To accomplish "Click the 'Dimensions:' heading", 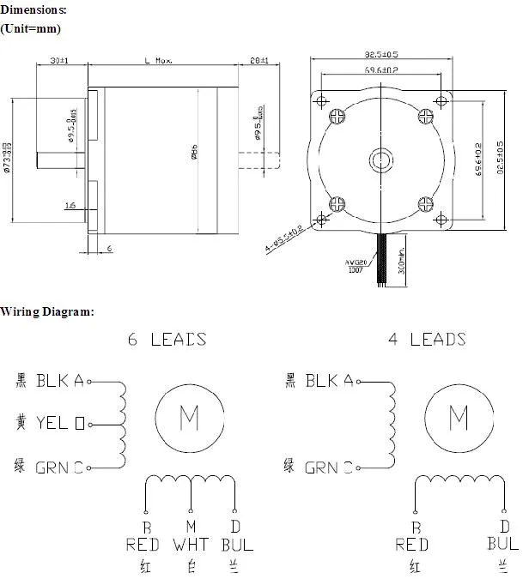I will tap(33, 9).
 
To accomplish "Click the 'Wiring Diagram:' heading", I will tap(47, 311).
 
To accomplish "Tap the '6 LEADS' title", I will tap(167, 339).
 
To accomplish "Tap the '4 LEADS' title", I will tap(427, 339).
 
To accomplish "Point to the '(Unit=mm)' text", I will tap(31, 29).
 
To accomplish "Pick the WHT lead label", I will tap(190, 545).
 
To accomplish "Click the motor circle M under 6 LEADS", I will tap(189, 419).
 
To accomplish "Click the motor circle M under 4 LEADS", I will tap(459, 419).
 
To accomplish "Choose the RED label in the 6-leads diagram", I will tap(143, 545).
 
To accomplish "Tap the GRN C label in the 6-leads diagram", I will tap(59, 467).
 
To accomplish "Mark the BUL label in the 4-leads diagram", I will tap(502, 543).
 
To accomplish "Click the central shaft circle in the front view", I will tap(380, 160).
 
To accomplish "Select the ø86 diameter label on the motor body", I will tap(195, 151).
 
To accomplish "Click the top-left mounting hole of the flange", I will tap(323, 100).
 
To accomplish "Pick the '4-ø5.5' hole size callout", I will tap(284, 242).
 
